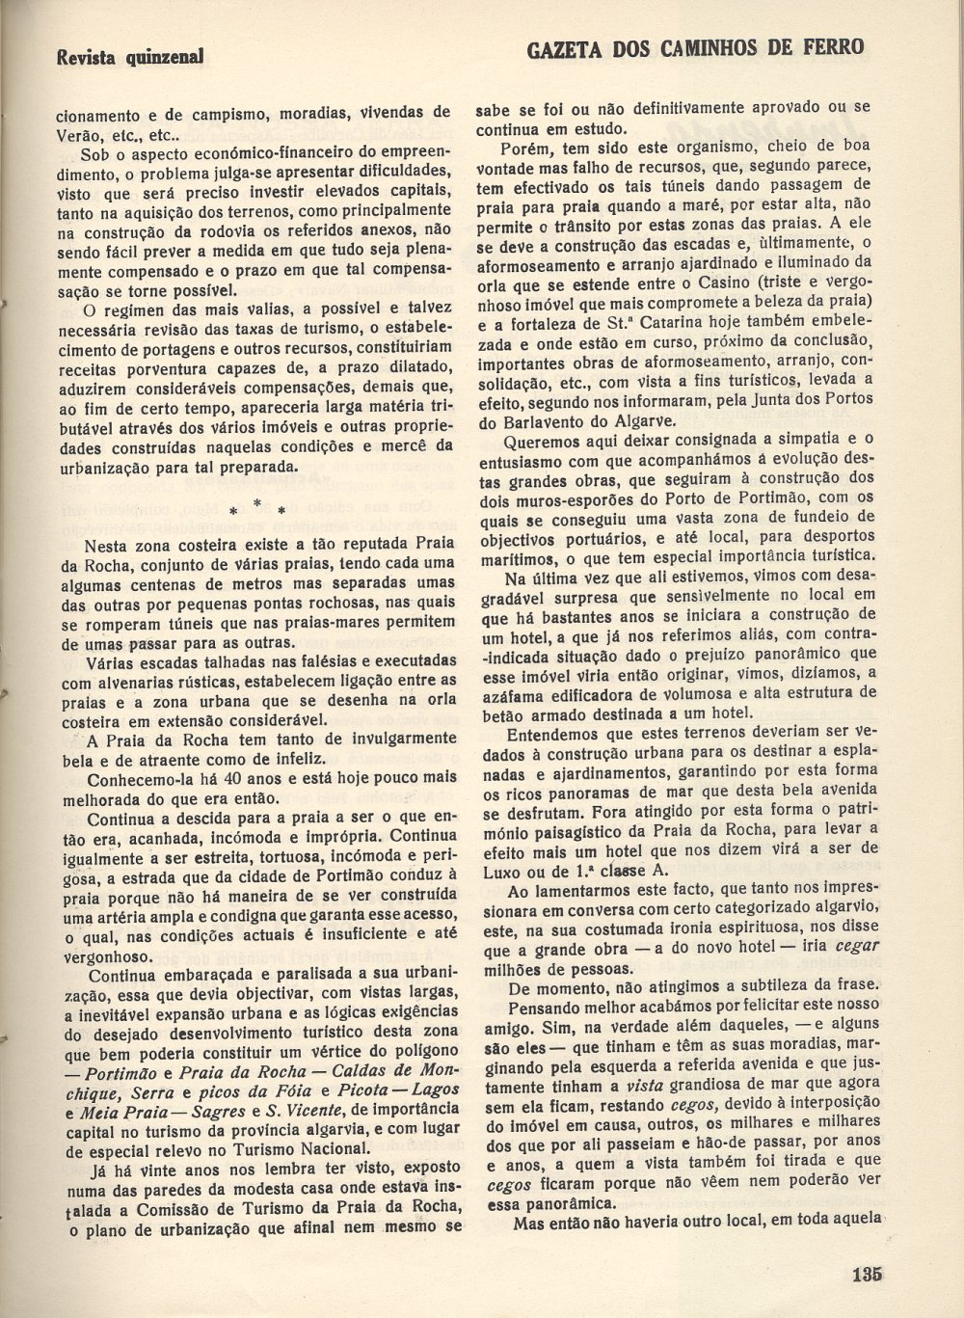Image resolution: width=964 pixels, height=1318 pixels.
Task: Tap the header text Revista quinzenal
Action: tap(130, 57)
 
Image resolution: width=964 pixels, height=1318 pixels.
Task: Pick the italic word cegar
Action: tap(857, 945)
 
